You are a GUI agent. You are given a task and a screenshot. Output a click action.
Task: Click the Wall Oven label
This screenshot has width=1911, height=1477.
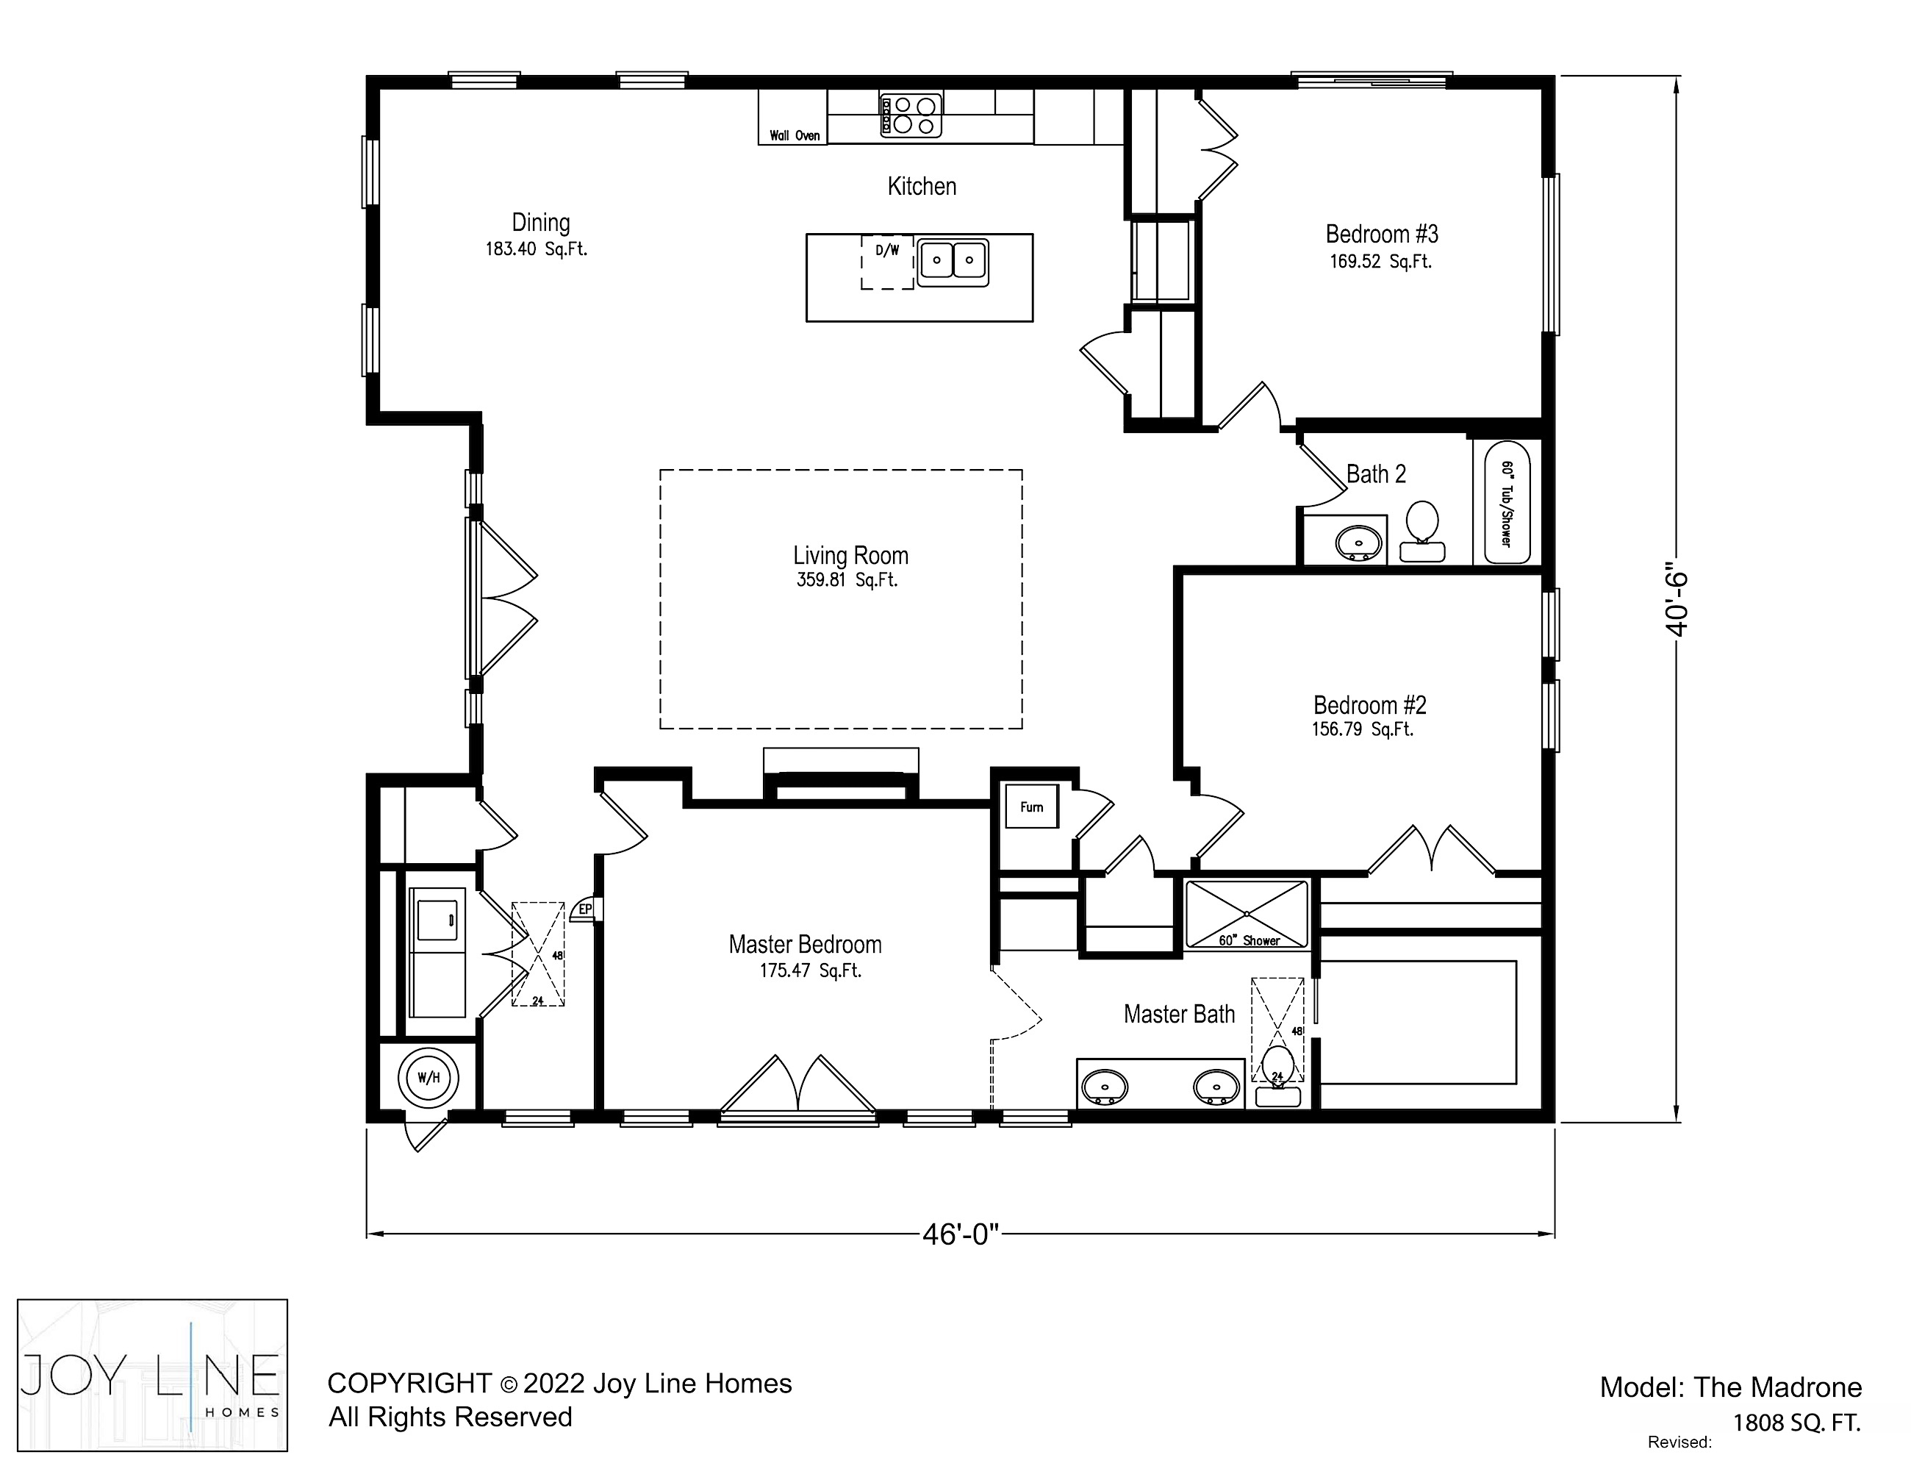click(x=795, y=135)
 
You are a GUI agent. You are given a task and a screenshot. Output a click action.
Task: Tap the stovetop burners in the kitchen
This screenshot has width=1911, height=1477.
click(x=911, y=115)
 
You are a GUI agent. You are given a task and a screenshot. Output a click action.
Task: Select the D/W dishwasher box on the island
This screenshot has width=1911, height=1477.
click(x=887, y=262)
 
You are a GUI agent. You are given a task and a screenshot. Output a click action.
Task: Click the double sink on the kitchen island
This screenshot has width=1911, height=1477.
click(x=953, y=261)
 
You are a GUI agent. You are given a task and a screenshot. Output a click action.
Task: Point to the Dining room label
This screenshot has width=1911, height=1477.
click(x=541, y=223)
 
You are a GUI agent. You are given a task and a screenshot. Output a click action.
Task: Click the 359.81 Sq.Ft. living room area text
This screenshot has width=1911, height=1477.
click(x=847, y=580)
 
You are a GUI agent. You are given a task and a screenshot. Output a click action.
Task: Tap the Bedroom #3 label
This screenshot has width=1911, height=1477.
click(x=1382, y=235)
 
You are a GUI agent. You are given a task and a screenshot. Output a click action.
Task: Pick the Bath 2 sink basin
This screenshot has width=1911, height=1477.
click(x=1359, y=543)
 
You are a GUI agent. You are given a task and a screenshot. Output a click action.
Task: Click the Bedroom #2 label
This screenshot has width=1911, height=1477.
click(x=1370, y=705)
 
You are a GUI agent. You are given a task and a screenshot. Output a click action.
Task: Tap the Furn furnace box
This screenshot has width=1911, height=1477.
click(x=1032, y=807)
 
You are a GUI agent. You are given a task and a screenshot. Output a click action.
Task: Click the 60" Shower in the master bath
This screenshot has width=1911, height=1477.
click(x=1246, y=915)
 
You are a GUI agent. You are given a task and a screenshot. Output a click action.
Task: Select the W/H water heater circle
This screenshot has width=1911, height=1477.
click(x=429, y=1078)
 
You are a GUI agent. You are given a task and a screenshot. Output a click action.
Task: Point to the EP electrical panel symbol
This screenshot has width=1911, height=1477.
click(x=583, y=911)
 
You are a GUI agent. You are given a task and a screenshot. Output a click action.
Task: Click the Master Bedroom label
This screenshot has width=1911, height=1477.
click(x=805, y=945)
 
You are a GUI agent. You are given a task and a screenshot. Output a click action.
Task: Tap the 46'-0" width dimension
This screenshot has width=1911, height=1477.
click(x=960, y=1234)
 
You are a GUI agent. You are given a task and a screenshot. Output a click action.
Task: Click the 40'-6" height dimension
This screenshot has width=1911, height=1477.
click(x=1677, y=604)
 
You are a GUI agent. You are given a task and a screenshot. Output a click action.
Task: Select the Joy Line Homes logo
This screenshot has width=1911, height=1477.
click(x=152, y=1376)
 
